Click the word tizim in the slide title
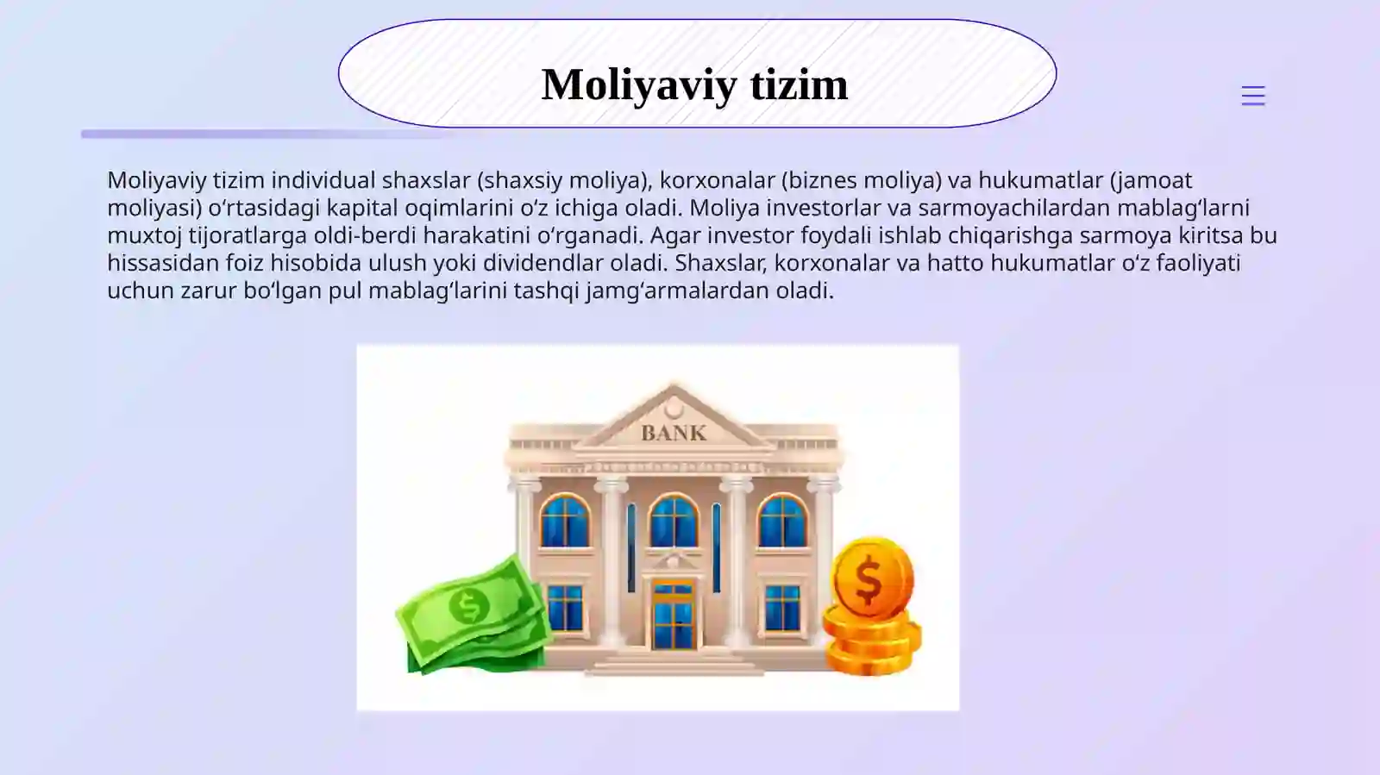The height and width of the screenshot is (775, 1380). (x=799, y=84)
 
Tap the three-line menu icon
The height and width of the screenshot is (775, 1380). (x=1252, y=96)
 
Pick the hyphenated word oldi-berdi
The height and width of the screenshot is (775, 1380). (x=366, y=235)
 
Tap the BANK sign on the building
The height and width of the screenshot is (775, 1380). (x=674, y=433)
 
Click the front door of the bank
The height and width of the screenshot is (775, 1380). (x=673, y=616)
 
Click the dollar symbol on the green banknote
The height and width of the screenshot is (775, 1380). (x=469, y=606)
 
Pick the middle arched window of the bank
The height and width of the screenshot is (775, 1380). (x=673, y=521)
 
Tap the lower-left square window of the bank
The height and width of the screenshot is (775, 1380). (x=565, y=607)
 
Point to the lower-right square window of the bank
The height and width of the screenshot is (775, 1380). (x=782, y=607)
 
